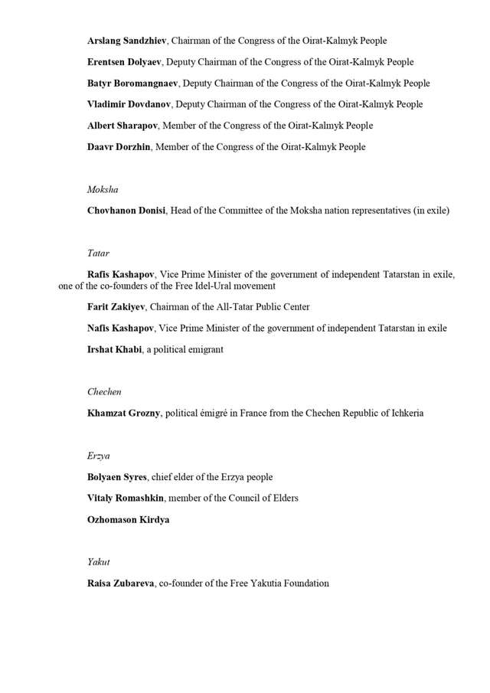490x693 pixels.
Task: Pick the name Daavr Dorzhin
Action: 120,147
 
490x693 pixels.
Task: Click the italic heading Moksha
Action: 103,189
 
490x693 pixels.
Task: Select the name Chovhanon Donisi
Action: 126,211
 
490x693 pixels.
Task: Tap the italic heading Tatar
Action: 98,253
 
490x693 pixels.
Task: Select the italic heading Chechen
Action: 104,392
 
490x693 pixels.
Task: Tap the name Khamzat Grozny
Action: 123,414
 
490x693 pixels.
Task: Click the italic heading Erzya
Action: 99,456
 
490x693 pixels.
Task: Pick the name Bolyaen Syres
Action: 118,477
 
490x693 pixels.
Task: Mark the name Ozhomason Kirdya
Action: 128,520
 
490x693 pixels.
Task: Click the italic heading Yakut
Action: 99,562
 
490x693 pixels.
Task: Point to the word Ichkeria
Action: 403,414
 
